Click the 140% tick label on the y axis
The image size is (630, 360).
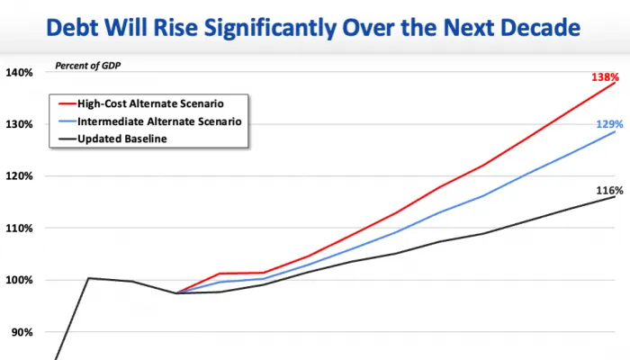(x=19, y=73)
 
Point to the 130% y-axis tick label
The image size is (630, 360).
(x=19, y=124)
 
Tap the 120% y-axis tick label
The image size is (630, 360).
(x=19, y=176)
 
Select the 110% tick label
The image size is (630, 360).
(x=19, y=229)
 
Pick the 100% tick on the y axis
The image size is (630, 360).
(x=19, y=280)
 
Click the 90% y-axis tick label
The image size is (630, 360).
(x=22, y=332)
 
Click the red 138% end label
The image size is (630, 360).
(x=605, y=76)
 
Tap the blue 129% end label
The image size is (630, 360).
(x=609, y=124)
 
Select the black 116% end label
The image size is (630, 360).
(x=609, y=191)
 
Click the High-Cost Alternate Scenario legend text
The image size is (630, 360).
(x=150, y=103)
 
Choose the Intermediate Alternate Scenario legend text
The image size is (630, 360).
(x=159, y=121)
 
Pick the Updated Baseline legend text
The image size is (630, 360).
(x=122, y=139)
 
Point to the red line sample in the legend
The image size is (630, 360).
(x=67, y=104)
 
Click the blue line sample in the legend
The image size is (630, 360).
(x=67, y=121)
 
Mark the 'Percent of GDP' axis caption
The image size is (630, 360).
(x=87, y=66)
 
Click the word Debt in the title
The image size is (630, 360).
(x=72, y=27)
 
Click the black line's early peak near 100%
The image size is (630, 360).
(x=88, y=278)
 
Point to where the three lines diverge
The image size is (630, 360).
(x=176, y=292)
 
